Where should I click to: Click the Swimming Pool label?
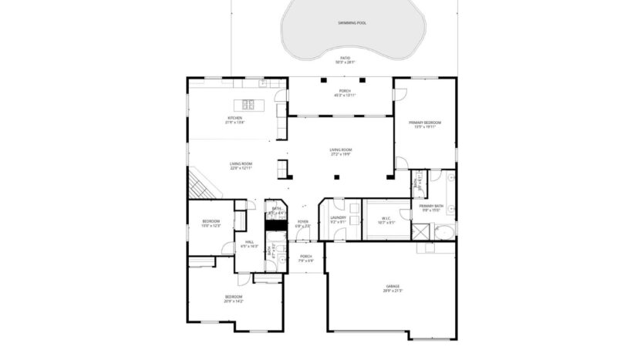(352, 23)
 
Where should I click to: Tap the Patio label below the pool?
(345, 58)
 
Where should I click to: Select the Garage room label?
(393, 288)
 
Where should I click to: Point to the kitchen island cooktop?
(249, 104)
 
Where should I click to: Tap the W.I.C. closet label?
(386, 217)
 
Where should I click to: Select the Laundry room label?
(338, 217)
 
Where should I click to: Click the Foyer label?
(303, 222)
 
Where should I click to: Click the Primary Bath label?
(431, 206)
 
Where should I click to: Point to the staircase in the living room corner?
(200, 185)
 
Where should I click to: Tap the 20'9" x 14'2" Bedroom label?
(234, 299)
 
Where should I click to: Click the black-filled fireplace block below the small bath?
(275, 226)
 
